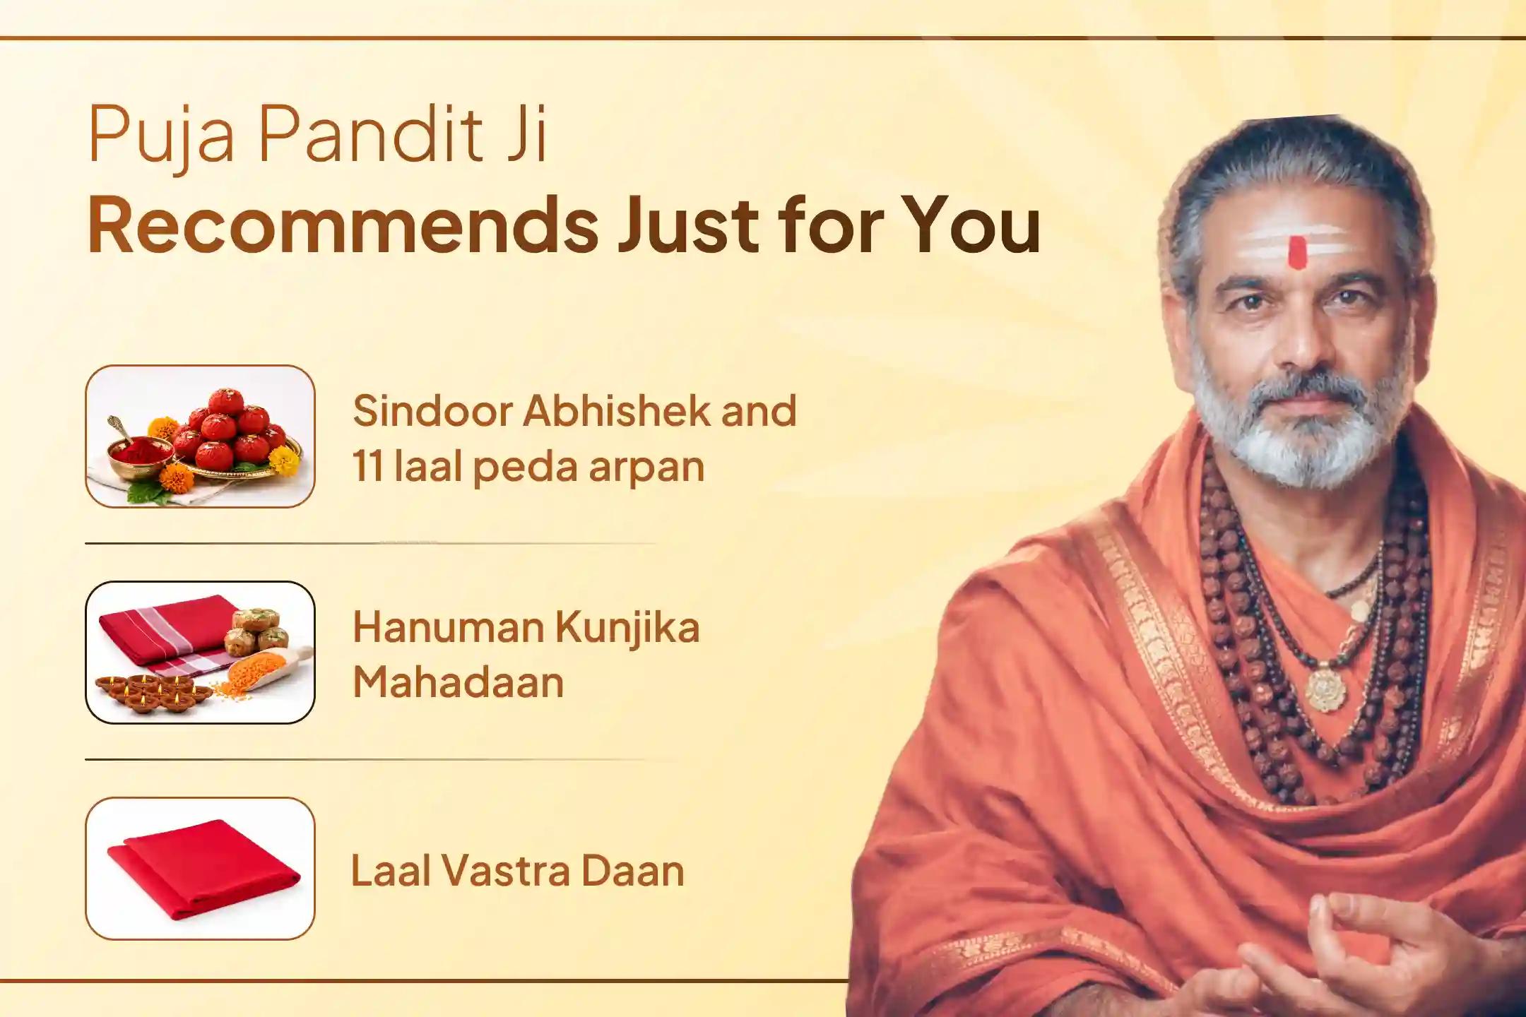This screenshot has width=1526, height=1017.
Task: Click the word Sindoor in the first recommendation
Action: pyautogui.click(x=432, y=411)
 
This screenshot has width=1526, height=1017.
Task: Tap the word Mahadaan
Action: pyautogui.click(x=458, y=682)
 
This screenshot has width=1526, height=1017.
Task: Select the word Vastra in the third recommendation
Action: pyautogui.click(x=507, y=870)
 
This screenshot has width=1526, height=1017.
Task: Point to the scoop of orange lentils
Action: pyautogui.click(x=265, y=671)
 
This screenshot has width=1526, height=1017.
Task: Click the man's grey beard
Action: pyautogui.click(x=1293, y=438)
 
